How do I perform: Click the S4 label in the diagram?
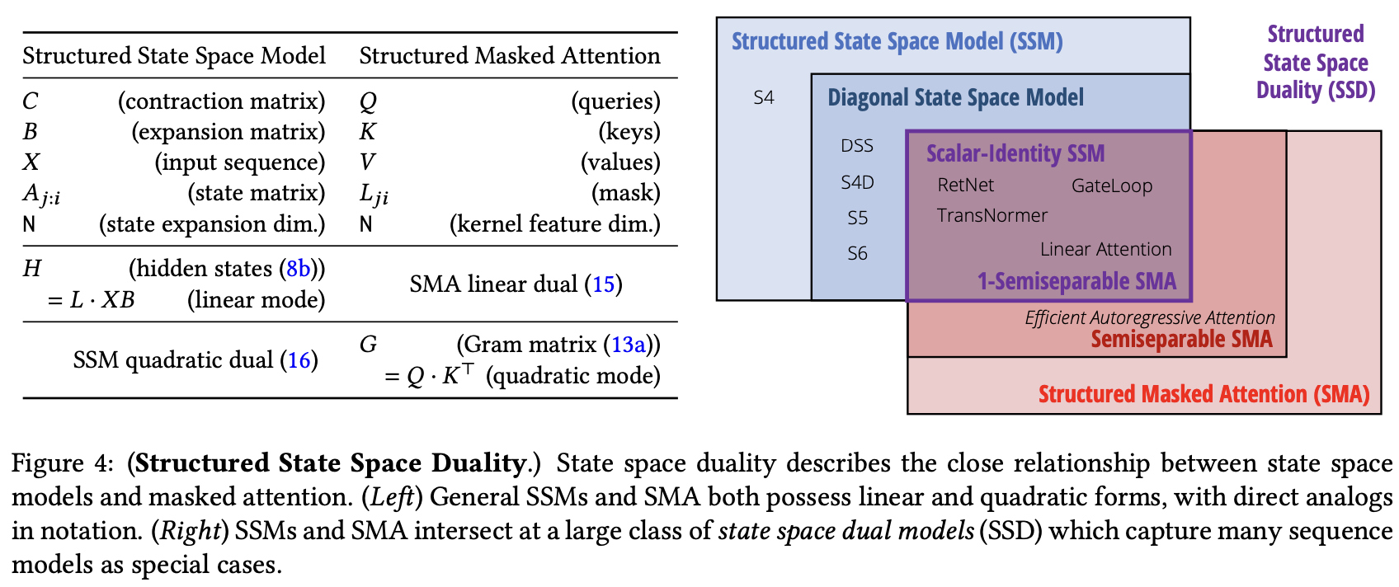coord(764,98)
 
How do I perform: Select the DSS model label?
coord(856,146)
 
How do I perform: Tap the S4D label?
coord(857,182)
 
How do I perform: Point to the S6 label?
coord(857,254)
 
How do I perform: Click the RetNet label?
coord(965,185)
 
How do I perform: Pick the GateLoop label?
coord(1111,186)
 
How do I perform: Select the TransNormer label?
coord(992,216)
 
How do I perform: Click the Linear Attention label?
coord(1105,250)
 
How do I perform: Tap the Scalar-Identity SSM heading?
coord(1015,154)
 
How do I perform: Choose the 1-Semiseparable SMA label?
coord(1076,282)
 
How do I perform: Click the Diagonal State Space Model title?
coord(955,98)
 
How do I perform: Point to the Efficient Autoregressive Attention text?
coord(1149,317)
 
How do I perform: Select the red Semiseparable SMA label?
coord(1181,339)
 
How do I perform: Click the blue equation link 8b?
coord(298,269)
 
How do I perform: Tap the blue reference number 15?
coord(603,284)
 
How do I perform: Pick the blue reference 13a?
coord(628,345)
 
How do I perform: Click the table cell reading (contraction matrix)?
coord(221,101)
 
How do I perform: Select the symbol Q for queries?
coord(368,101)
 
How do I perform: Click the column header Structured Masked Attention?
coord(509,56)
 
